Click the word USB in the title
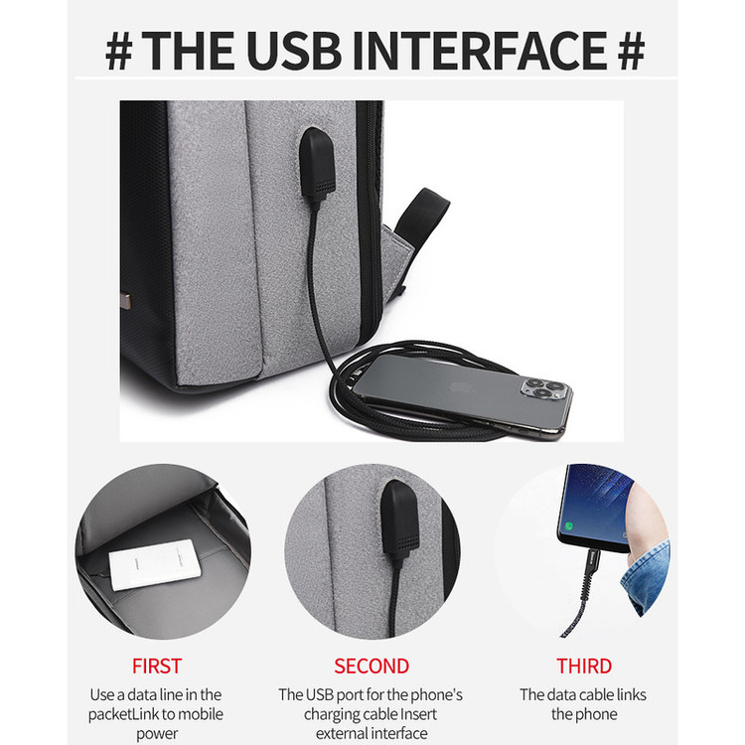(294, 51)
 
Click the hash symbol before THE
(119, 51)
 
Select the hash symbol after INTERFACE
(631, 51)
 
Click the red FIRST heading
(157, 667)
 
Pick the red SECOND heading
(372, 667)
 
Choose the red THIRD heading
(584, 667)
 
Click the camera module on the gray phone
(546, 387)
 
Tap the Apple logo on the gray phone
(461, 387)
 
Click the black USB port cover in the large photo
(318, 163)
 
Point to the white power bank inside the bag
(155, 564)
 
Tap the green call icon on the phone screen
(569, 525)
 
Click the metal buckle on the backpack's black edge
(126, 301)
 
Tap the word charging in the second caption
(332, 714)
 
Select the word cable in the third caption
(592, 694)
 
